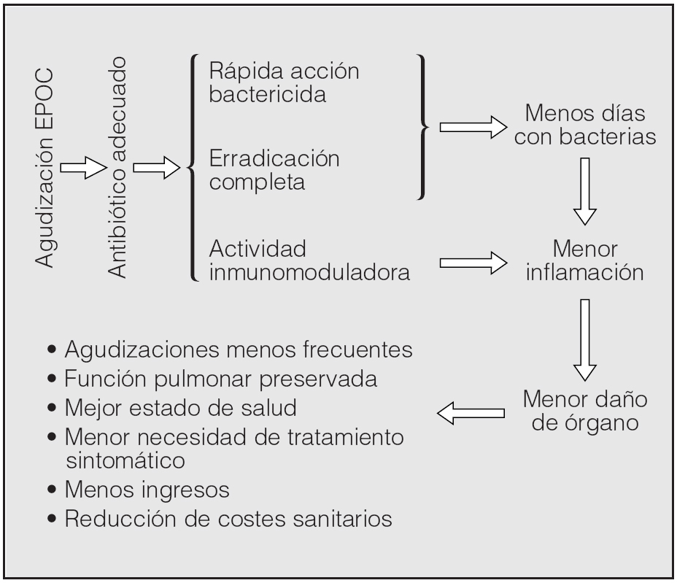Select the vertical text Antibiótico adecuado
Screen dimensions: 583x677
tap(118, 169)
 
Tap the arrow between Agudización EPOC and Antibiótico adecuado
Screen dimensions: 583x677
tap(82, 169)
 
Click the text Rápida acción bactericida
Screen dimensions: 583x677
tap(285, 84)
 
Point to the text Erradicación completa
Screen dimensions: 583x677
tap(274, 169)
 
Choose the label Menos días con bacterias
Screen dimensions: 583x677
tap(585, 126)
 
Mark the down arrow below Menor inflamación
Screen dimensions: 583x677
tap(585, 338)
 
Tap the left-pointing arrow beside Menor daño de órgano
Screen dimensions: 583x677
tap(471, 414)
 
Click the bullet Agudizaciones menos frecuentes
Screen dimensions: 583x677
tap(230, 350)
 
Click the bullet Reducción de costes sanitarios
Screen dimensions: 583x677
tap(220, 520)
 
